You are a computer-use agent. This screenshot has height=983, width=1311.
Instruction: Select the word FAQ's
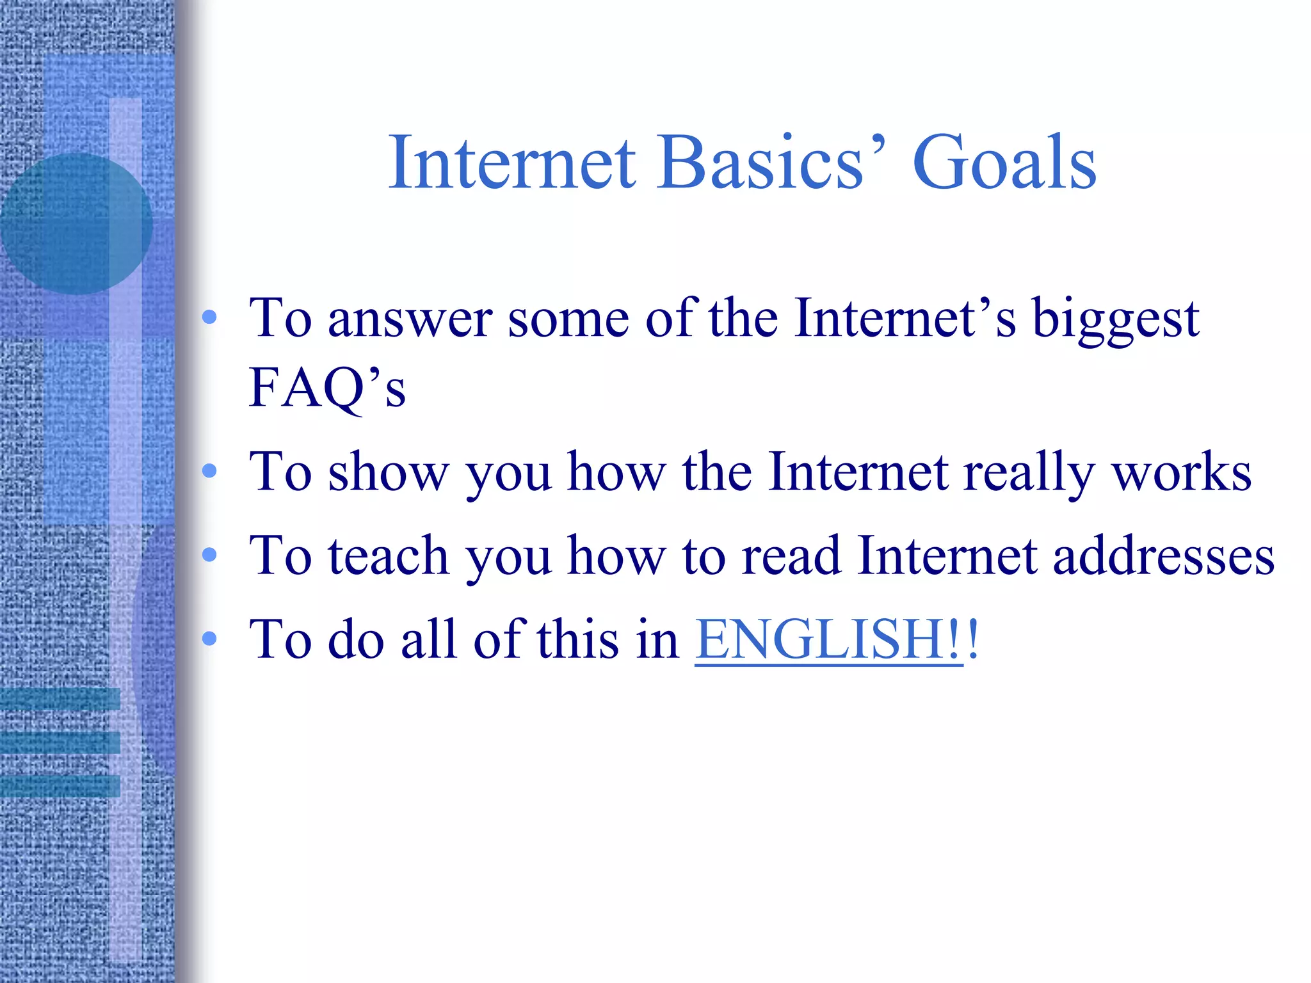(326, 387)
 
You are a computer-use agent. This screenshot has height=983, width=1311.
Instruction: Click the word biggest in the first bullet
(1115, 320)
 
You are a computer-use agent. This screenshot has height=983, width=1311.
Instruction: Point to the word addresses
(1163, 555)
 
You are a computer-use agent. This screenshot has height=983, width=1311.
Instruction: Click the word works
(1181, 472)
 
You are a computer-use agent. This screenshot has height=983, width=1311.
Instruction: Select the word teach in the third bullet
(388, 555)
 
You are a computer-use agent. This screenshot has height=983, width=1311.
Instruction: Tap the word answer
(410, 320)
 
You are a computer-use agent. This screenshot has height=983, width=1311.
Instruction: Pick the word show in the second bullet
(388, 472)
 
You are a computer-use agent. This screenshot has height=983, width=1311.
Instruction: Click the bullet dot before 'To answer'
(209, 317)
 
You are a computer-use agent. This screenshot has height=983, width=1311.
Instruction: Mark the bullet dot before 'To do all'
(209, 637)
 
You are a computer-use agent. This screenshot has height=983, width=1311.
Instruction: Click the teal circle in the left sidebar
(76, 224)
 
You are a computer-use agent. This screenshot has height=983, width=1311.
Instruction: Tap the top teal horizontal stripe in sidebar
(60, 699)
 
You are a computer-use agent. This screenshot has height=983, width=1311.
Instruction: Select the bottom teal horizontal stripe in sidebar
(60, 785)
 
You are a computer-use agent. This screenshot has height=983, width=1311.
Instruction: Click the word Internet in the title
(512, 163)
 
